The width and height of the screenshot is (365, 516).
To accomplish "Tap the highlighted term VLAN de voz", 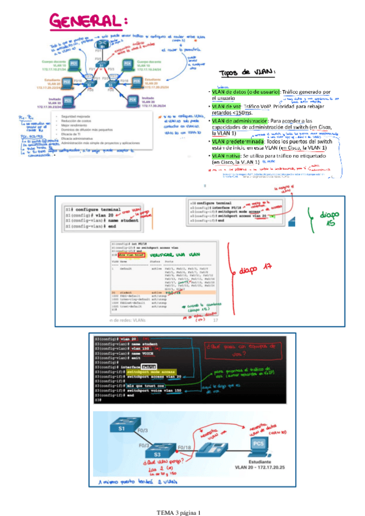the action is click(x=226, y=106).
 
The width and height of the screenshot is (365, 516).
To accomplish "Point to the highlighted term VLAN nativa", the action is click(x=226, y=156).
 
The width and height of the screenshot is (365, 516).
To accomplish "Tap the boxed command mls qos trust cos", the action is click(x=138, y=385).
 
